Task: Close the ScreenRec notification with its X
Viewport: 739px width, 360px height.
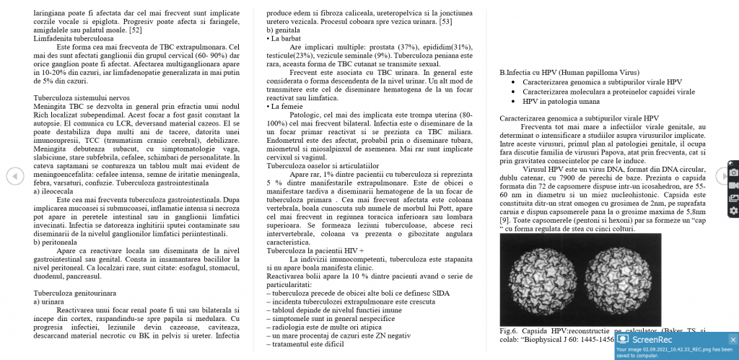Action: click(x=733, y=339)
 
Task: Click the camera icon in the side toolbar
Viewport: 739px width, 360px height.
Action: click(x=733, y=172)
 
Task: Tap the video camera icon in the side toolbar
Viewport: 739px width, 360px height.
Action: click(x=733, y=185)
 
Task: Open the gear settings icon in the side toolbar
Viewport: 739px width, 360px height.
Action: click(x=733, y=211)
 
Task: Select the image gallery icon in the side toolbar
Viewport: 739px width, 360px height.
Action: click(x=733, y=198)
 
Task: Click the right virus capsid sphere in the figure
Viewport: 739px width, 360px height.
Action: click(x=616, y=279)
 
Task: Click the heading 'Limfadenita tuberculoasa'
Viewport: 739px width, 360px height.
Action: click(x=69, y=38)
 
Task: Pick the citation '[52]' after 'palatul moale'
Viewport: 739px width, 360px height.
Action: click(x=135, y=30)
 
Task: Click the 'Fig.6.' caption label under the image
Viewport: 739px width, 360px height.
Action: click(x=510, y=330)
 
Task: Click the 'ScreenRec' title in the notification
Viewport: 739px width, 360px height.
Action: click(x=653, y=339)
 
